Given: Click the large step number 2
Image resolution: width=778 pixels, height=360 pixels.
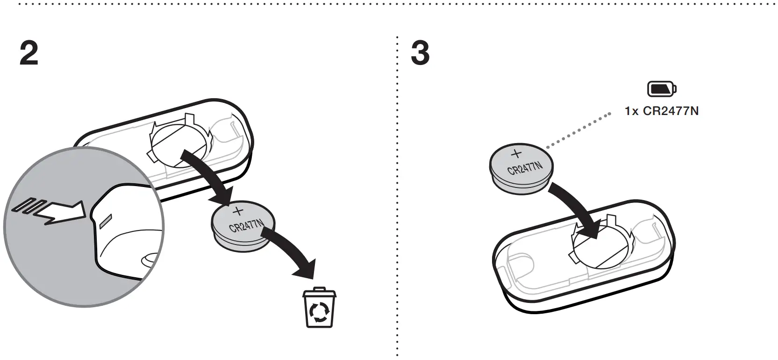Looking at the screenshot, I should coord(29,53).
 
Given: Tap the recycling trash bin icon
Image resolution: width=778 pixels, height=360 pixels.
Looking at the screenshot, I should coord(319,307).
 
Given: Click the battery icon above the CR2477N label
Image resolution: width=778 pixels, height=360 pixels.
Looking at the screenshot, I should coord(662,89).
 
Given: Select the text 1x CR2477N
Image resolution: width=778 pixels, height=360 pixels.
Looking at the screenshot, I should coord(662,112).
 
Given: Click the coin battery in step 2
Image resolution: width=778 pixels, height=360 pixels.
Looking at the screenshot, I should coord(242,229).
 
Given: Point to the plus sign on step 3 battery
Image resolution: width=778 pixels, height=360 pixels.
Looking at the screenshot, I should coord(516,153).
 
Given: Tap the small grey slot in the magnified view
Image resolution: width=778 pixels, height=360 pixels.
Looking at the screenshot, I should coord(105,220).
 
